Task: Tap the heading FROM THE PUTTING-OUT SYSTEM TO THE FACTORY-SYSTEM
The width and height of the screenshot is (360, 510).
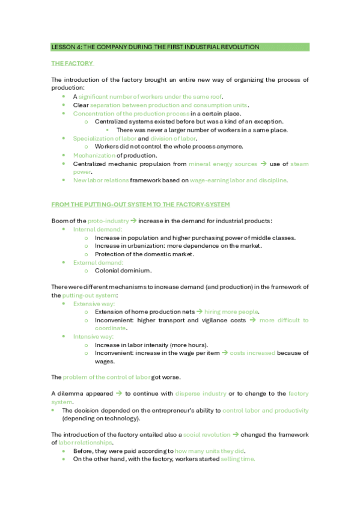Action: coord(140,205)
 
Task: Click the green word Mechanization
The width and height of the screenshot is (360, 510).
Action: coord(93,155)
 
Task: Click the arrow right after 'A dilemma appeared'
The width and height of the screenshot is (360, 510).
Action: coord(119,393)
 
